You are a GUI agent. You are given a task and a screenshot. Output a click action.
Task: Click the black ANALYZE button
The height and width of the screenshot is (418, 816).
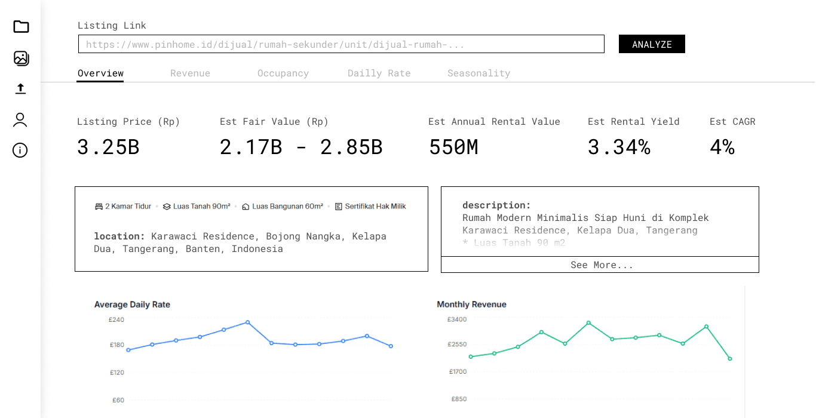(652, 44)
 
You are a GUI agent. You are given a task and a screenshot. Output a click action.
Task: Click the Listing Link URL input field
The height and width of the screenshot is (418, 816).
(341, 44)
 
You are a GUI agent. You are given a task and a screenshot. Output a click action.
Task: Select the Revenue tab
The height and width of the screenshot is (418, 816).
(190, 73)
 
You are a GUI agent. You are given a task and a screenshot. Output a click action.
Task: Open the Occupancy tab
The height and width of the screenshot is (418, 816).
(283, 73)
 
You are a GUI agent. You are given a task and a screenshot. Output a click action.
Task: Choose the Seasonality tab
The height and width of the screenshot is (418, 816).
(478, 73)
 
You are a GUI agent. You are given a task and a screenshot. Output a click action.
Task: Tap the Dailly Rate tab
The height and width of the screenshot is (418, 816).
(379, 73)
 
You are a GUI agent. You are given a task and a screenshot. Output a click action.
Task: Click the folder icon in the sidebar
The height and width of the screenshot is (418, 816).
(21, 26)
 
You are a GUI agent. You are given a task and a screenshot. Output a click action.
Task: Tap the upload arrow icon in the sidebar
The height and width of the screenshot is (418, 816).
(21, 88)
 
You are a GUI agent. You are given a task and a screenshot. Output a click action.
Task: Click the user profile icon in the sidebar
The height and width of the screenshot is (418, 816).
(21, 119)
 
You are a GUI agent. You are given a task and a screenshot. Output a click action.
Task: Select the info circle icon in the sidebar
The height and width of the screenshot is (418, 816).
(21, 150)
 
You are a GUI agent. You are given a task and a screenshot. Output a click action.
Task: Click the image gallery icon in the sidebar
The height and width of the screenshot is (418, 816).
(21, 58)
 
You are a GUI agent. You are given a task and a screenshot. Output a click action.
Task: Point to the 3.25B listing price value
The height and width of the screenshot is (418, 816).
(108, 147)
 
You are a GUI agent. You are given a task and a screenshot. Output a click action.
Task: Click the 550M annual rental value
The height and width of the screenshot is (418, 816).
(453, 147)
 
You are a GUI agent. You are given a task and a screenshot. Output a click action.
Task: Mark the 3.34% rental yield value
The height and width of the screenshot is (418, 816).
(619, 147)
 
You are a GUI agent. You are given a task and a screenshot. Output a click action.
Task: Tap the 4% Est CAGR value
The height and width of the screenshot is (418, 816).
(722, 147)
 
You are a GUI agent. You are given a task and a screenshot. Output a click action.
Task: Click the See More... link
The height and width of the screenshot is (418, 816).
(601, 265)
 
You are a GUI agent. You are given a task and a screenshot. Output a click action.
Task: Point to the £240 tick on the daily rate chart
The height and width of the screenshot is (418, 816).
(116, 319)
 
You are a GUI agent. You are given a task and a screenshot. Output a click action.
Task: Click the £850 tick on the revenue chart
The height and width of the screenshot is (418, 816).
(459, 399)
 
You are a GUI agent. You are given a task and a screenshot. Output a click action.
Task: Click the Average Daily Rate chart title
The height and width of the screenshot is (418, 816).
(132, 305)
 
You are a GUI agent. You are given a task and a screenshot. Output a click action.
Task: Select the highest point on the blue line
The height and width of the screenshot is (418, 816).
(247, 322)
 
